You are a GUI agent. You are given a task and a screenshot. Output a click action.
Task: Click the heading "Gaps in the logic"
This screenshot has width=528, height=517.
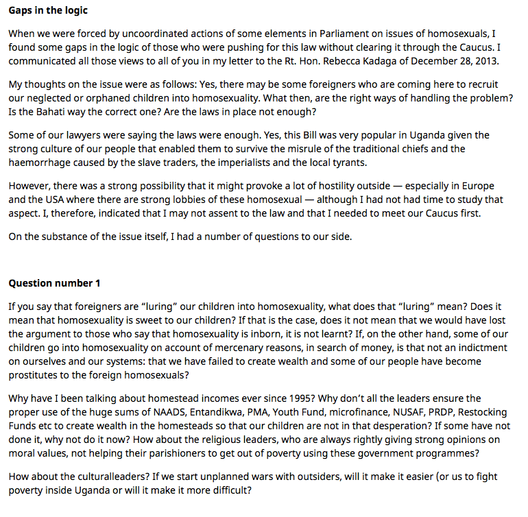pyautogui.click(x=48, y=11)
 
